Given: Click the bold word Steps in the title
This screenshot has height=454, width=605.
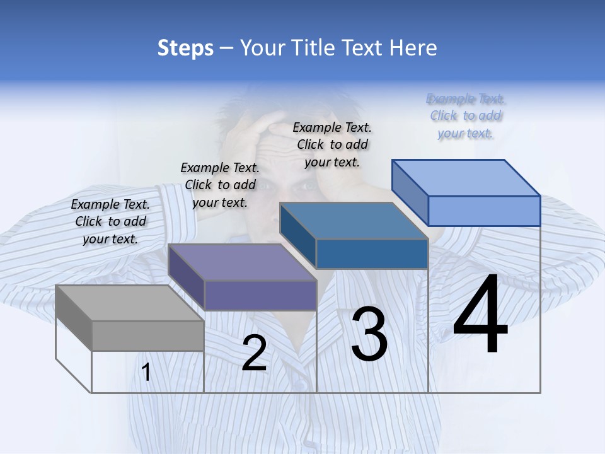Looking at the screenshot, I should tap(185, 48).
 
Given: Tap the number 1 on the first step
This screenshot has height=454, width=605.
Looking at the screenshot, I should tap(146, 373).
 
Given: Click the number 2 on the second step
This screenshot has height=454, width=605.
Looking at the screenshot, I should tap(254, 353).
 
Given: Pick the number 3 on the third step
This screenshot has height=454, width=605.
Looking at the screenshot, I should tap(369, 334).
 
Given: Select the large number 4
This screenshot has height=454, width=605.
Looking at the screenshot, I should tap(480, 315).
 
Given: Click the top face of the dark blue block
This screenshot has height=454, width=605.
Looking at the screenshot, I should tap(354, 221).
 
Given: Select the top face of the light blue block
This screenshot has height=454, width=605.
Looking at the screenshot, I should tap(466, 178).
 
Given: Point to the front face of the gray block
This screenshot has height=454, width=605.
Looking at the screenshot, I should tap(148, 335).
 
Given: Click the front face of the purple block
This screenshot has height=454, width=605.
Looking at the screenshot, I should tap(260, 295).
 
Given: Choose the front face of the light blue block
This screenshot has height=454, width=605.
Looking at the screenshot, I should tap(484, 211).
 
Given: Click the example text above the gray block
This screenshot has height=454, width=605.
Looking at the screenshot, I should tap(110, 221).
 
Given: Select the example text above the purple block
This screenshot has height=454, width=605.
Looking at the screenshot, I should tap(220, 185).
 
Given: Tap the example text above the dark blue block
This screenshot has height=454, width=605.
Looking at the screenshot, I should tap(332, 144).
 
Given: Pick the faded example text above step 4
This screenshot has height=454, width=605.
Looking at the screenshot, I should tap(466, 115).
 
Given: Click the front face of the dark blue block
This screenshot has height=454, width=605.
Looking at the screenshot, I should tap(372, 253).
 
